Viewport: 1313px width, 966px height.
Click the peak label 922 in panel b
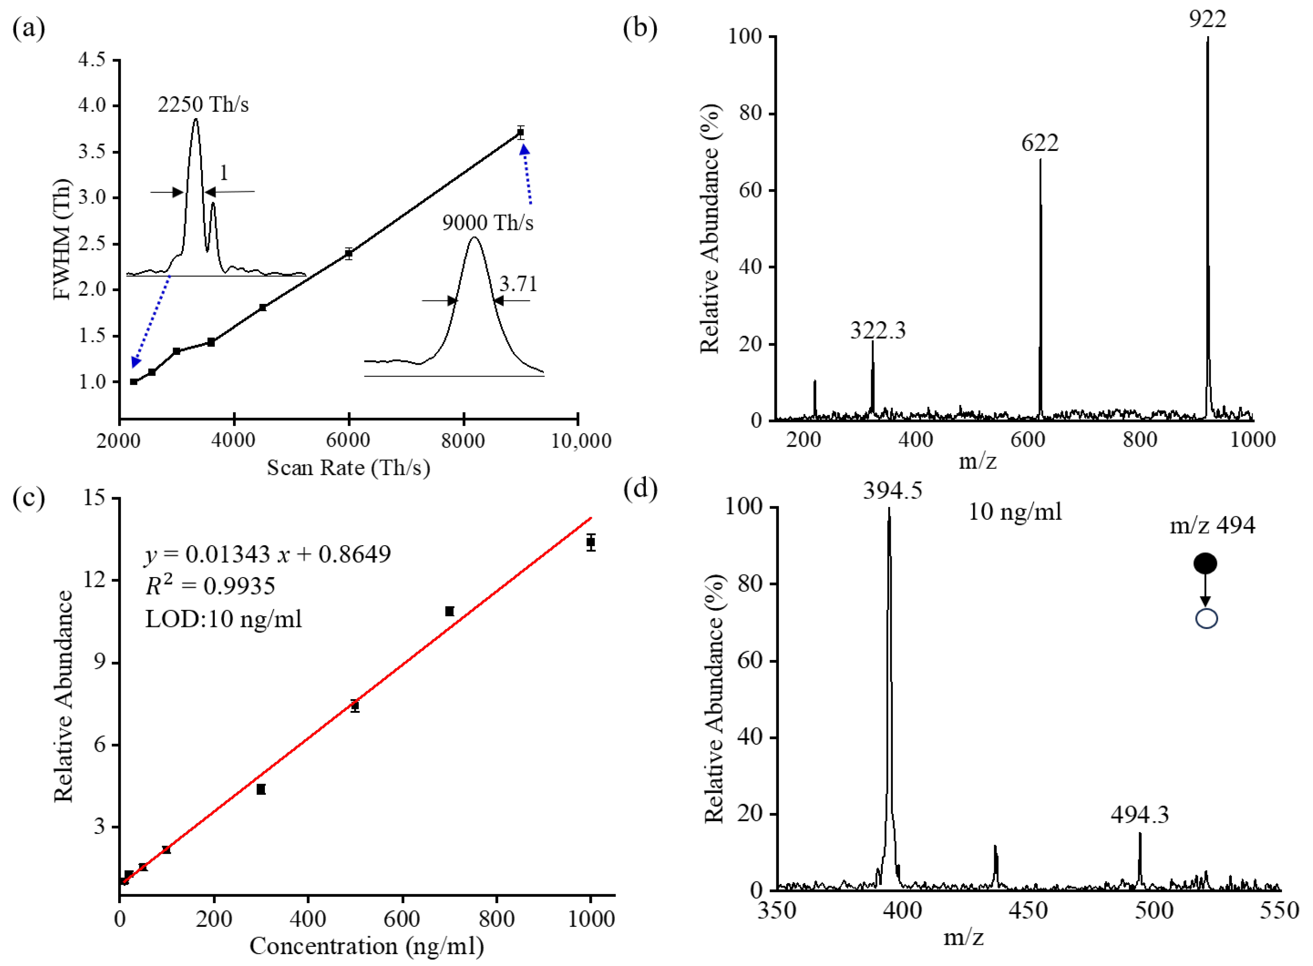1207,19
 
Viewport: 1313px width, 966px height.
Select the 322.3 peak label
877,330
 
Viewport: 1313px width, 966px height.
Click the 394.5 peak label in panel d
892,490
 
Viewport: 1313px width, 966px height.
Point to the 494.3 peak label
1139,814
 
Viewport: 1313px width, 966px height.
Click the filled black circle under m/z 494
1205,564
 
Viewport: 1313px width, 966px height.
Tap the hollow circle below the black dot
1206,619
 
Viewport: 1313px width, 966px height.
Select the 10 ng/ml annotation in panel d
1015,512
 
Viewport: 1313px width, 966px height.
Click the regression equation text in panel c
268,554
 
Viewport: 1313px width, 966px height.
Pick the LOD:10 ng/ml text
223,619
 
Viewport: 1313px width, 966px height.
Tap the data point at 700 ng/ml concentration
449,611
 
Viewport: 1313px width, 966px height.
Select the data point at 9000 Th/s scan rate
520,133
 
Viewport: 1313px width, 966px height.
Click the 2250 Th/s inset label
203,105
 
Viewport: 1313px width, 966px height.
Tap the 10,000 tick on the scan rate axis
581,440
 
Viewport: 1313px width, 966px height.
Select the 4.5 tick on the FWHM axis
92,59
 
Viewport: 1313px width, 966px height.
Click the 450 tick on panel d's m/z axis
1029,910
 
